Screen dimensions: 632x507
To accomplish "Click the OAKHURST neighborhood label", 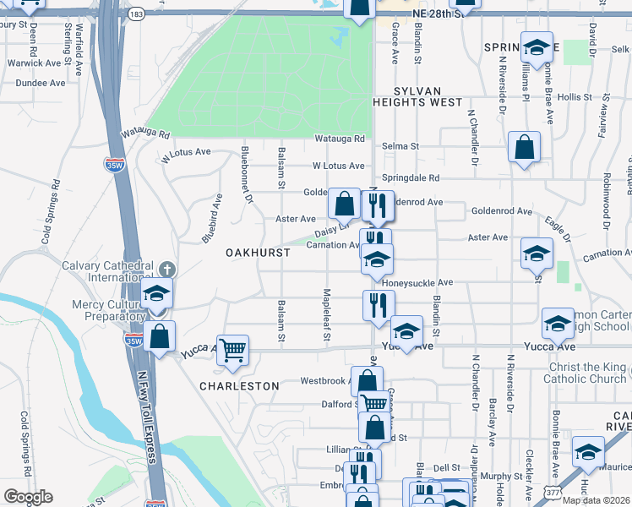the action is pyautogui.click(x=258, y=253).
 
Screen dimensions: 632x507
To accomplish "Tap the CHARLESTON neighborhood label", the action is pyautogui.click(x=239, y=385).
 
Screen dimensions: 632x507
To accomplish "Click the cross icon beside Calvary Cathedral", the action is pyautogui.click(x=167, y=269).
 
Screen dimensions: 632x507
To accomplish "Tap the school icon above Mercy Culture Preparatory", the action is pyautogui.click(x=156, y=293).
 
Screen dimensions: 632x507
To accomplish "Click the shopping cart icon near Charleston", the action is pyautogui.click(x=232, y=347).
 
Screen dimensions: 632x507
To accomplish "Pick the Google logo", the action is pyautogui.click(x=27, y=497).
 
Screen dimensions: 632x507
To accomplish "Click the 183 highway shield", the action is pyautogui.click(x=135, y=15).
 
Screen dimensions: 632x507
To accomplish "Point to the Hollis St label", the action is pyautogui.click(x=575, y=97).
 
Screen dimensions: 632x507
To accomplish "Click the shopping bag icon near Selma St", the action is pyautogui.click(x=524, y=147).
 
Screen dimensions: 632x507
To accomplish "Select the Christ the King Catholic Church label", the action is pyautogui.click(x=575, y=373).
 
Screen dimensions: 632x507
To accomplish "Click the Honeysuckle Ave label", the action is pyautogui.click(x=422, y=282).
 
